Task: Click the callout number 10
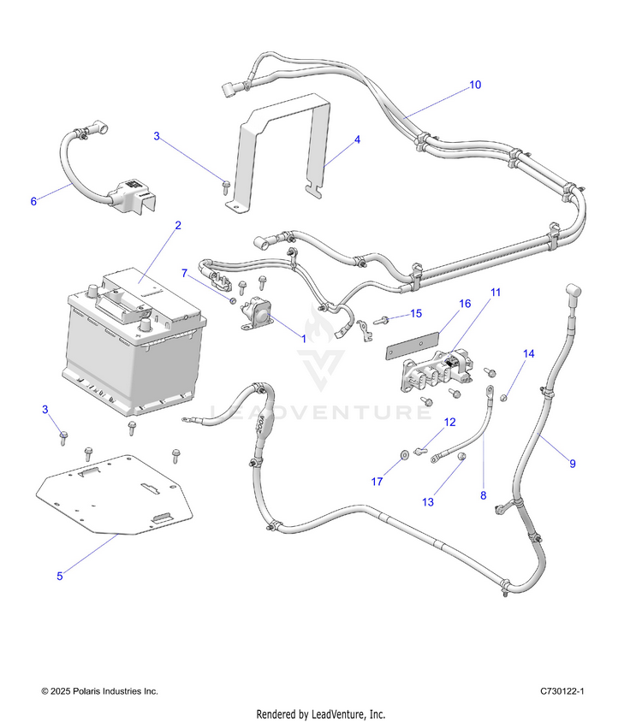click(x=475, y=85)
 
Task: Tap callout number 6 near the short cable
click(x=33, y=201)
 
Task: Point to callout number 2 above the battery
click(x=177, y=226)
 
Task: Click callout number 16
click(x=465, y=304)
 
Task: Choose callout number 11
click(x=495, y=293)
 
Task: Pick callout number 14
click(x=528, y=353)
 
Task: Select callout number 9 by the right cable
click(x=573, y=464)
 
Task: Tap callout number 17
click(x=377, y=482)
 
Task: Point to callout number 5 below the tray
click(x=59, y=576)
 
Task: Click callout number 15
click(x=416, y=313)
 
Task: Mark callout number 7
click(x=184, y=273)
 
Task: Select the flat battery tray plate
click(x=116, y=496)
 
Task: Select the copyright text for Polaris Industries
click(x=99, y=690)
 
